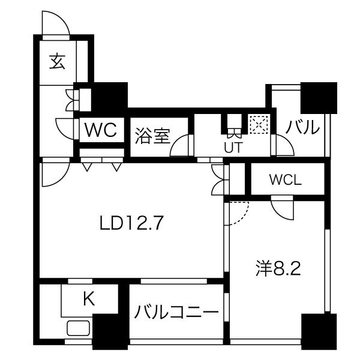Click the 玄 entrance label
click(x=58, y=62)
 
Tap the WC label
click(x=101, y=130)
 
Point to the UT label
click(x=233, y=148)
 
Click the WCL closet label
click(x=286, y=180)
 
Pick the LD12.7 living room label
click(x=131, y=223)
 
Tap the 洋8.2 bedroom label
click(x=278, y=268)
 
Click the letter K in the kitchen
click(x=89, y=299)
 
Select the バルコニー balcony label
click(x=176, y=312)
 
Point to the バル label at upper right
click(x=302, y=127)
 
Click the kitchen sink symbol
click(x=78, y=328)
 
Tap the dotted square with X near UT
click(x=259, y=124)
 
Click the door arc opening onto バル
click(x=290, y=141)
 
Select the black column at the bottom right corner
click(x=319, y=332)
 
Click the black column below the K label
click(x=110, y=332)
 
